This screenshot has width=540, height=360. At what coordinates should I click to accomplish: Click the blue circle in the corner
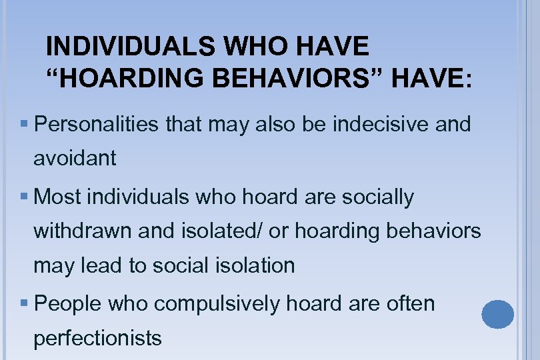pyautogui.click(x=497, y=314)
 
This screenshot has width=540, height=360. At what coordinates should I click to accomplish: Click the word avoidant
pyautogui.click(x=75, y=158)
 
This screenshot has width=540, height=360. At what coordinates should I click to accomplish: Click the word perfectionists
pyautogui.click(x=97, y=338)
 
